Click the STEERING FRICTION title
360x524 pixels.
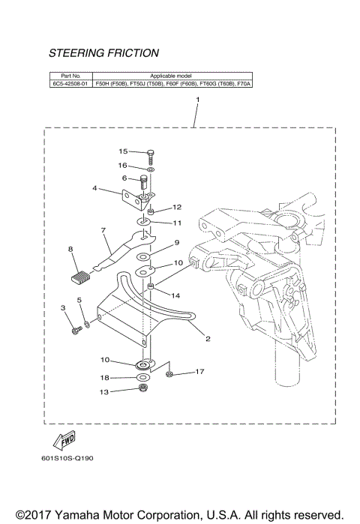coord(103,53)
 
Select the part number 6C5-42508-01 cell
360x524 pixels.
coord(70,85)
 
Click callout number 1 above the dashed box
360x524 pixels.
coord(197,99)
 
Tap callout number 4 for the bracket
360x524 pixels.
coord(94,189)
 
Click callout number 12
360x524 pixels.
coord(177,207)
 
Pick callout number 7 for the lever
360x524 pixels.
coord(104,230)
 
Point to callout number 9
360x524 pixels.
coord(177,243)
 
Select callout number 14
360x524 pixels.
coord(177,295)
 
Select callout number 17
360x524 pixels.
coord(199,371)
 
